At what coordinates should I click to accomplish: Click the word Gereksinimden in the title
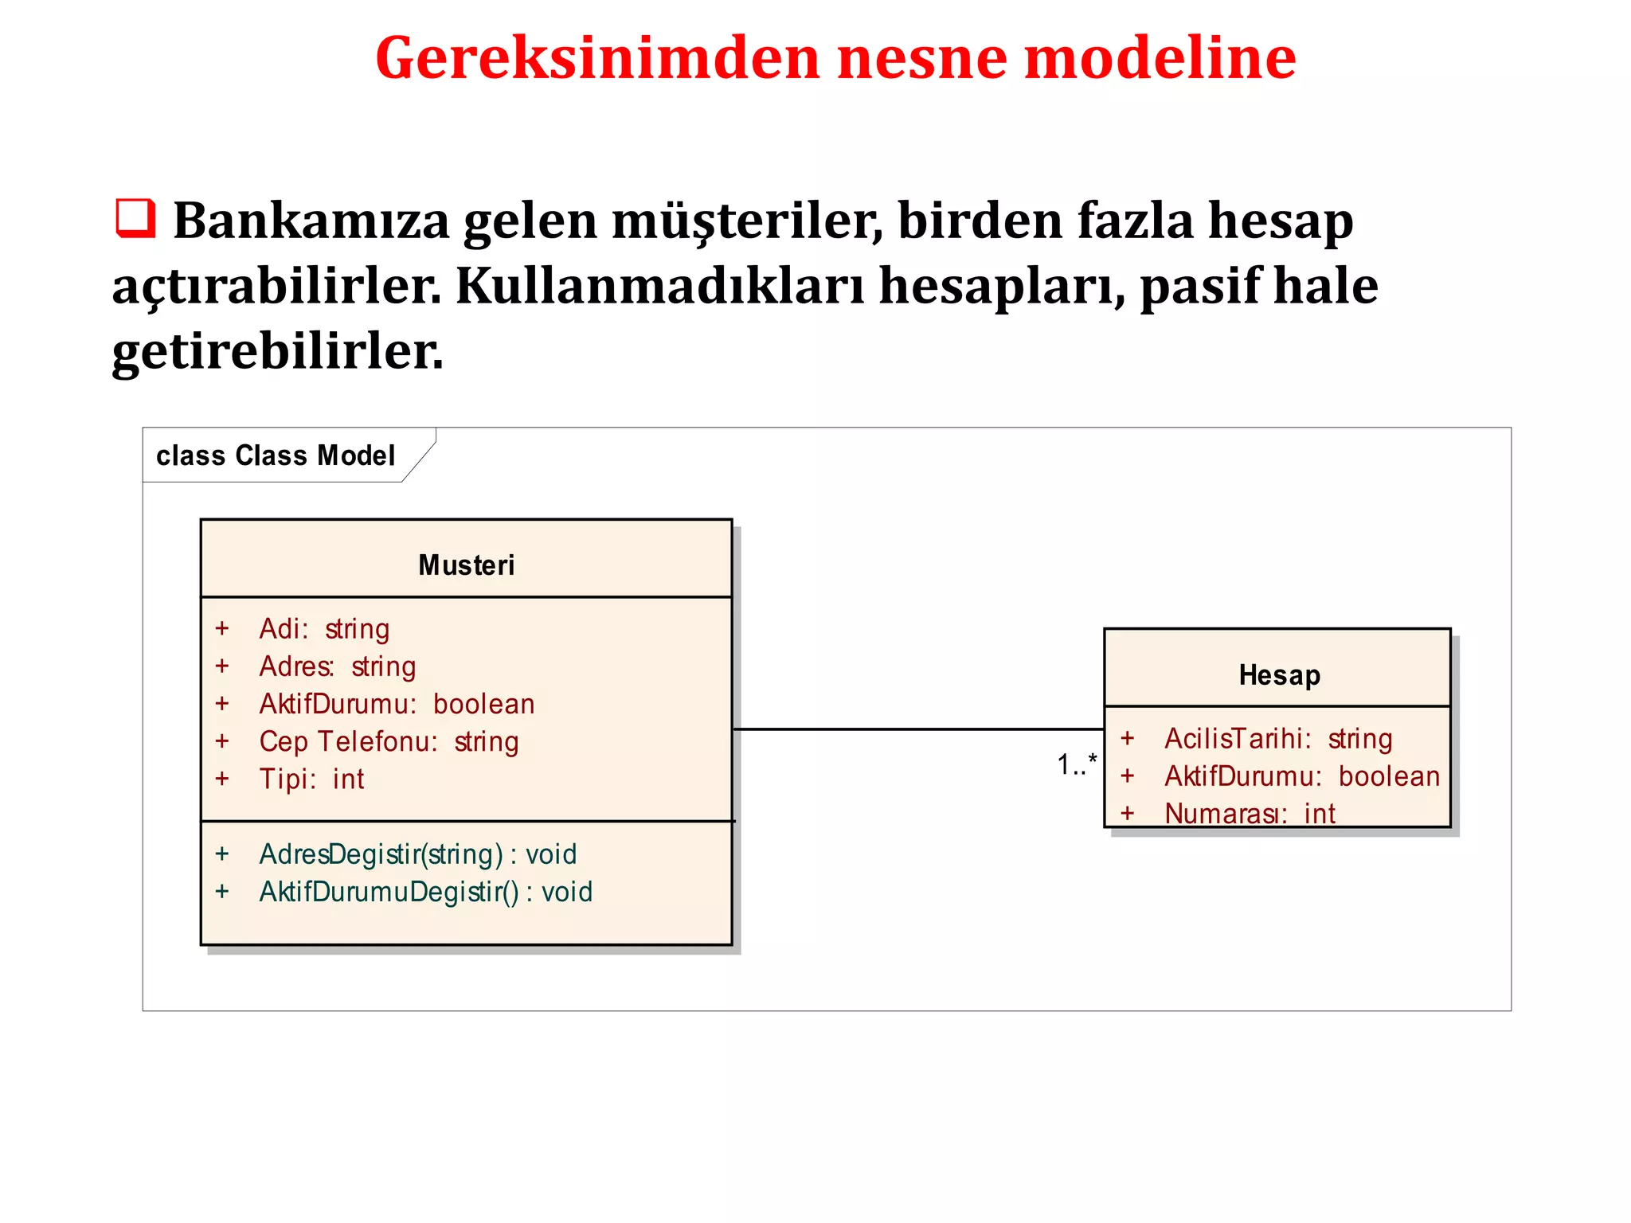coord(596,59)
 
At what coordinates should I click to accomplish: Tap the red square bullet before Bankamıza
coord(135,218)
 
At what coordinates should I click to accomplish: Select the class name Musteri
coord(466,565)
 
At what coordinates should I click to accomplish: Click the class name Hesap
coord(1279,675)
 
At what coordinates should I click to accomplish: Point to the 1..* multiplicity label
coord(1076,764)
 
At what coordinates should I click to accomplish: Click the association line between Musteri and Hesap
coord(916,729)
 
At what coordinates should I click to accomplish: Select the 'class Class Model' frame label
coord(276,455)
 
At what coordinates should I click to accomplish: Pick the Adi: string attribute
coord(324,629)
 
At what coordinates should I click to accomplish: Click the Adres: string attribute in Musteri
coord(338,666)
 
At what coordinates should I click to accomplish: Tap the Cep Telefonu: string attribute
coord(389,741)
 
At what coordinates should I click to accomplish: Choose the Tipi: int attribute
coord(311,779)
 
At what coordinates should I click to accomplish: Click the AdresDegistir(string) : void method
coord(417,854)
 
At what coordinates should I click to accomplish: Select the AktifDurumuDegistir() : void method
coord(425,892)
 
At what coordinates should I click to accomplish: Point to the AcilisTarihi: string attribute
coord(1278,739)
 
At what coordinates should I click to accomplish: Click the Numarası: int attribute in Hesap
coord(1250,813)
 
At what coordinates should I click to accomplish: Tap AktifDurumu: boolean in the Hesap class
coord(1302,776)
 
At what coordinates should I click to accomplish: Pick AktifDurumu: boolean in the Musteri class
coord(397,704)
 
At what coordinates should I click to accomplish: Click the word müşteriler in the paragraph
coord(747,221)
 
